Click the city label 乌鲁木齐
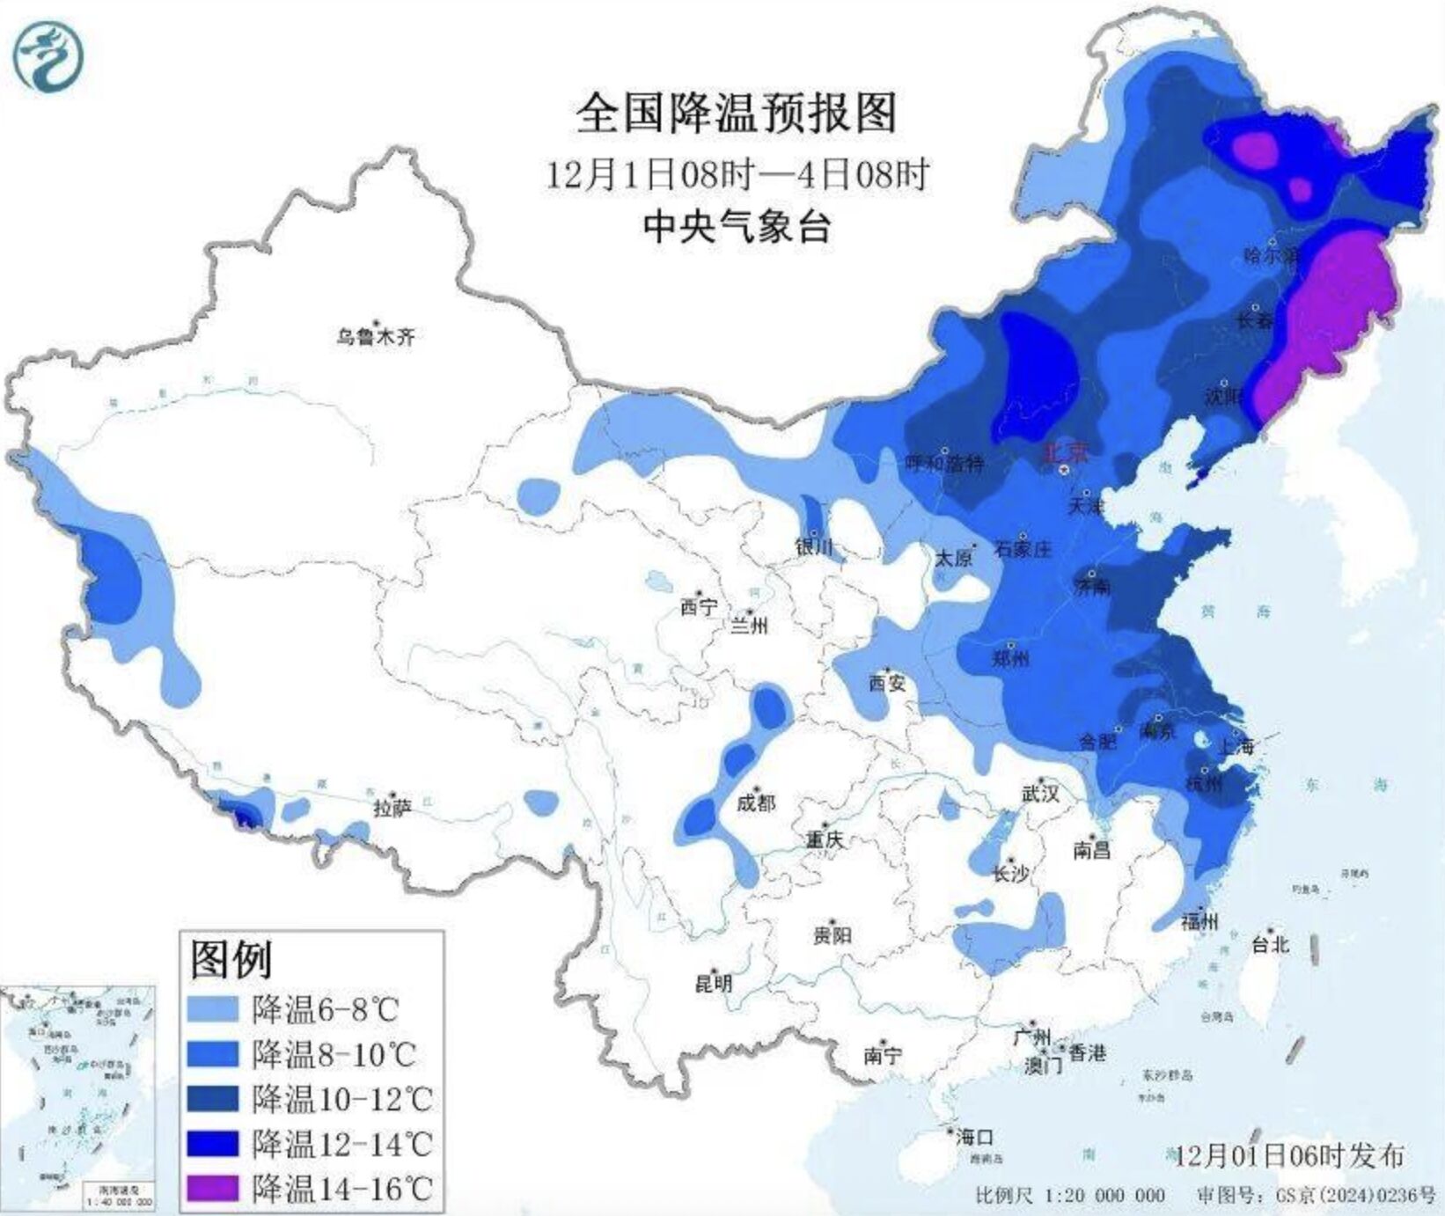pos(375,335)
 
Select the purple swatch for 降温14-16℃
pos(214,1189)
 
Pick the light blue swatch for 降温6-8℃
pos(214,1008)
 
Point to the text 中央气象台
pos(737,227)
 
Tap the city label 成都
pos(756,802)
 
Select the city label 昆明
pos(713,982)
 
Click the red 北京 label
pos(1066,452)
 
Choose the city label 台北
pos(1270,944)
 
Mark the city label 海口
pos(975,1137)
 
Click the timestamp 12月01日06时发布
pos(1290,1155)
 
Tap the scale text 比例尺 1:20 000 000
pos(1070,1195)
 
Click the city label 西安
pos(886,682)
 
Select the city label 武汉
pos(1040,793)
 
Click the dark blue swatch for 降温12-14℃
pos(214,1143)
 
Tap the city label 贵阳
pos(832,934)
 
